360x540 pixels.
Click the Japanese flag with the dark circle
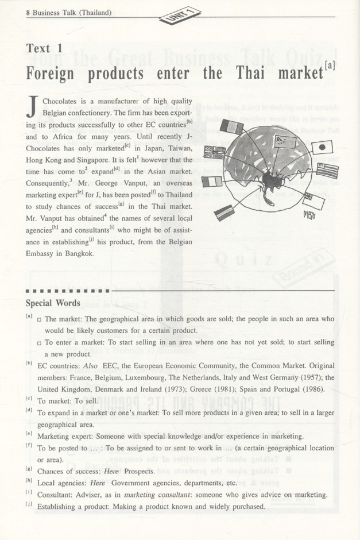pos(322,147)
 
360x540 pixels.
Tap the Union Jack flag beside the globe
pos(215,152)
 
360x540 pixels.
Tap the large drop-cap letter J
pos(33,106)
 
